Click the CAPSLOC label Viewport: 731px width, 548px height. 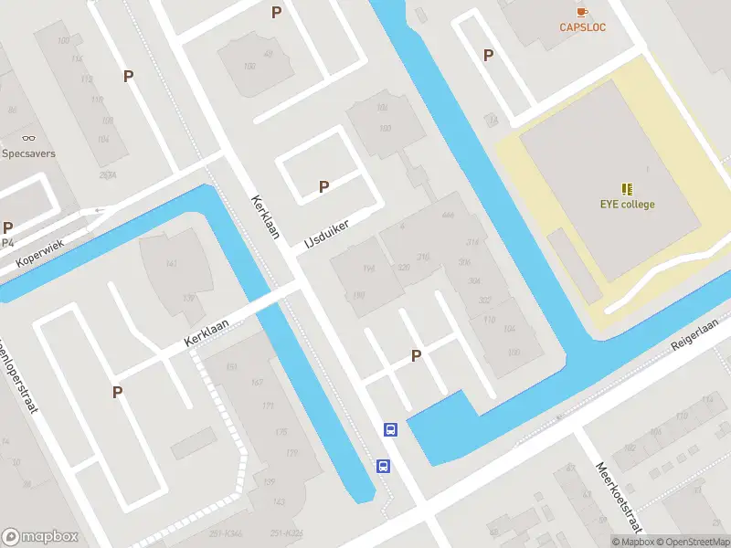(583, 27)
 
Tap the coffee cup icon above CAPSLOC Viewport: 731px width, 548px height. (582, 11)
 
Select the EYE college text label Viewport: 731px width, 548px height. (627, 205)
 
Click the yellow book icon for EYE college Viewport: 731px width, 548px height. (627, 189)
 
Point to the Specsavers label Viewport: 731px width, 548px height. (27, 153)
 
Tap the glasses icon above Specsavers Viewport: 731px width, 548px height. (27, 138)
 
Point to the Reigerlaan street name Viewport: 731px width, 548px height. (695, 334)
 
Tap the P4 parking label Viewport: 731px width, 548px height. (8, 243)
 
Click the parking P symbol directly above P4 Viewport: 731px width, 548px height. (8, 227)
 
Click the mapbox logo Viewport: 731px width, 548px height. (40, 537)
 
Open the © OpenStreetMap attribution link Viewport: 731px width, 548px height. (691, 542)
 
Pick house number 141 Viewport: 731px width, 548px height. (171, 264)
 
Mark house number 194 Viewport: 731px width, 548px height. (368, 269)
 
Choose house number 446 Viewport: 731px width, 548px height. (448, 216)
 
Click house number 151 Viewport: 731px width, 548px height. (231, 367)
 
